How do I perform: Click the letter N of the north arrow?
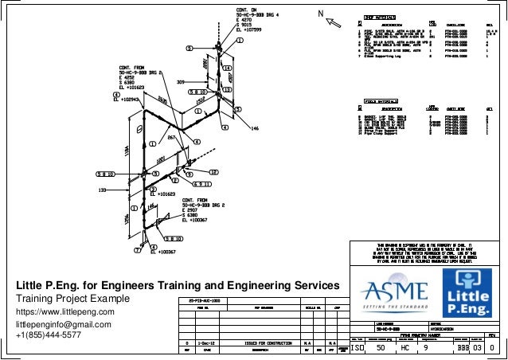pyautogui.click(x=320, y=14)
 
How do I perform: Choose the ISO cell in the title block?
pyautogui.click(x=359, y=348)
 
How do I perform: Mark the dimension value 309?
pyautogui.click(x=180, y=82)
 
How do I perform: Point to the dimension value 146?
pyautogui.click(x=255, y=127)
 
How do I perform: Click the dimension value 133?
pyautogui.click(x=102, y=190)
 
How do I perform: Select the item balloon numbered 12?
pyautogui.click(x=214, y=172)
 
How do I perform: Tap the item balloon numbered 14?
pyautogui.click(x=228, y=68)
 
